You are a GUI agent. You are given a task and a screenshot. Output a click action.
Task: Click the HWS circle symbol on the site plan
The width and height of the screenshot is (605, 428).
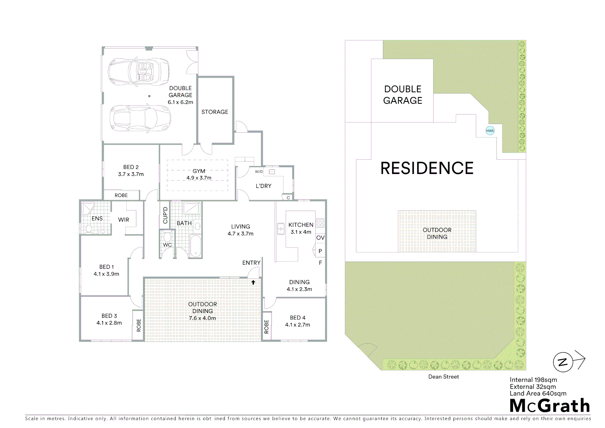click(490, 131)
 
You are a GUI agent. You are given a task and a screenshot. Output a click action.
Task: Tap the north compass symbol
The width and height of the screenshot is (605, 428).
click(563, 362)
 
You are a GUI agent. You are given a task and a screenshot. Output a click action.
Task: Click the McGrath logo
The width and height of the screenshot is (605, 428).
click(550, 406)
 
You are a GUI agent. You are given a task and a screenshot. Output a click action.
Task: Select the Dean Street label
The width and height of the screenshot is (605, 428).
click(443, 377)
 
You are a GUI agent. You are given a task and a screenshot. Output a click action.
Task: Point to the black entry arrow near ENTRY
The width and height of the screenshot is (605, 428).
click(253, 282)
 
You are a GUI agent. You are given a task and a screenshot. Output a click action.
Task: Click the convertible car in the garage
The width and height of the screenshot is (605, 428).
click(139, 72)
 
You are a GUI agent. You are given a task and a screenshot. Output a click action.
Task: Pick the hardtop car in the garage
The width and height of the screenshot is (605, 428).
click(139, 118)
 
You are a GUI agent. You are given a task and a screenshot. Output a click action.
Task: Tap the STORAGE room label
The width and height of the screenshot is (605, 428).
click(215, 112)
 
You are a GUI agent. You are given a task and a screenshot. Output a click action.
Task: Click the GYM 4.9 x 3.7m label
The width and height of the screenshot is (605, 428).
click(199, 174)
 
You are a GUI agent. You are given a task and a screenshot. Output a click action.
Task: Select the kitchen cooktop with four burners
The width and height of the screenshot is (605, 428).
click(320, 223)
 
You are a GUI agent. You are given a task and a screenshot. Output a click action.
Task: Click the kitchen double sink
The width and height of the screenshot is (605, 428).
click(281, 229)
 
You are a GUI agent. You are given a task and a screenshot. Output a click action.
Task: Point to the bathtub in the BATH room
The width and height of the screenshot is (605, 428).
click(195, 246)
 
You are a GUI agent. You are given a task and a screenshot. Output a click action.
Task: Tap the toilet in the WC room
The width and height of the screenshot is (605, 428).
click(167, 237)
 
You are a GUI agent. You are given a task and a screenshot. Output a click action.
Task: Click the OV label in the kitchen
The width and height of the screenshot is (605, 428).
click(320, 238)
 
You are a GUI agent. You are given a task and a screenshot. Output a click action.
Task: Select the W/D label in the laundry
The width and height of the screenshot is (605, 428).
click(259, 172)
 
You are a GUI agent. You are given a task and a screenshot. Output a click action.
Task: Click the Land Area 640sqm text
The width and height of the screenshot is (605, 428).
click(538, 394)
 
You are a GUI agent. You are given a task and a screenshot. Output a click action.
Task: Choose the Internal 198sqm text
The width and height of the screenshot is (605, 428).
click(533, 380)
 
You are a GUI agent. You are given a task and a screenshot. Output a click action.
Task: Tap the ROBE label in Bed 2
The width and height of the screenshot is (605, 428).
click(121, 195)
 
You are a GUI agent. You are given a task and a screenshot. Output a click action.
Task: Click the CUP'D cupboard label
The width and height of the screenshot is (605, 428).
click(166, 215)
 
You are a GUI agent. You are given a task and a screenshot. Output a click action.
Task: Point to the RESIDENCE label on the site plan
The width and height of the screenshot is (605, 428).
click(427, 168)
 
